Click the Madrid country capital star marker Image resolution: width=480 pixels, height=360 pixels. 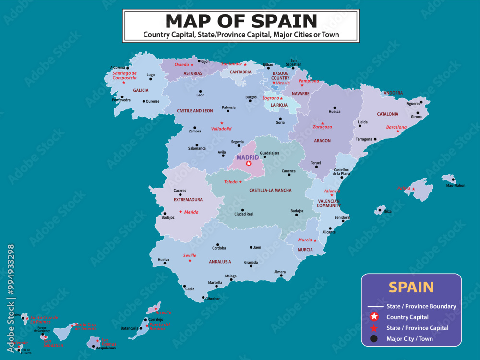pyautogui.click(x=248, y=164)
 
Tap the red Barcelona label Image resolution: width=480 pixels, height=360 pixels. pyautogui.click(x=396, y=127)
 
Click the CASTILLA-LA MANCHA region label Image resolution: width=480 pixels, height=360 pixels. pyautogui.click(x=270, y=191)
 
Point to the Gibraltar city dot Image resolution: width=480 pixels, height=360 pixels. pyautogui.click(x=204, y=298)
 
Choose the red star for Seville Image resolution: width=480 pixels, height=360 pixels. pyautogui.click(x=190, y=261)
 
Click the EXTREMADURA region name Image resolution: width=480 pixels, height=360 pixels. pyautogui.click(x=188, y=200)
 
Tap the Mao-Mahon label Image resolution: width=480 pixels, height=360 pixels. pyautogui.click(x=456, y=185)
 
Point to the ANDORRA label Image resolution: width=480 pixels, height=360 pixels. pyautogui.click(x=393, y=93)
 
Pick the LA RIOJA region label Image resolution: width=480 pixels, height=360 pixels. pyautogui.click(x=279, y=105)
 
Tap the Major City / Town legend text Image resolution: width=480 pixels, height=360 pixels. pyautogui.click(x=409, y=339)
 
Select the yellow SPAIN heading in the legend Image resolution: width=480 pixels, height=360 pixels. pyautogui.click(x=411, y=287)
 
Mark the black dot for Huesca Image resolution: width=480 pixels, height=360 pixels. pyautogui.click(x=335, y=108)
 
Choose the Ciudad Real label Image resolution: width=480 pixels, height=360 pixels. pyautogui.click(x=243, y=214)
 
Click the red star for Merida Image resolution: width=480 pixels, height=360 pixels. pyautogui.click(x=180, y=212)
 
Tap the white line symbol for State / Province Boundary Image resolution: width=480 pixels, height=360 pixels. pyautogui.click(x=374, y=306)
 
